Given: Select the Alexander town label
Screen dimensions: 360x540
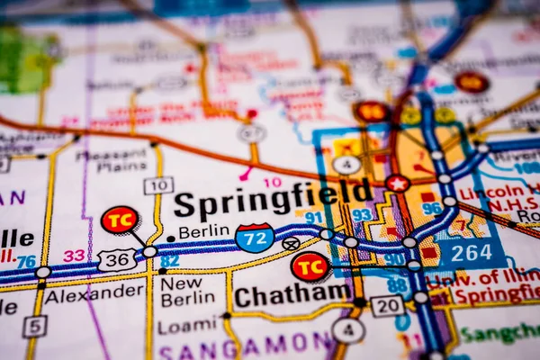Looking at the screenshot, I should (94, 292).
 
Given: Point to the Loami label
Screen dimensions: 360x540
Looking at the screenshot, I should (187, 326).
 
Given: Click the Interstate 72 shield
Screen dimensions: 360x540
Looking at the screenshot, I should (255, 237).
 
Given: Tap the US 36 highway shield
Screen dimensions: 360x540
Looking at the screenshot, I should (117, 259).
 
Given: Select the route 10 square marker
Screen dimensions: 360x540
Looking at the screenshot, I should (157, 185).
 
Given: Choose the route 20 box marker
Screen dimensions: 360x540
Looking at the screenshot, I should (387, 306).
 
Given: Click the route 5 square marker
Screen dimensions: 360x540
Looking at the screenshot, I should (35, 326).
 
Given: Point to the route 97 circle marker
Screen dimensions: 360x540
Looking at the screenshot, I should (252, 133).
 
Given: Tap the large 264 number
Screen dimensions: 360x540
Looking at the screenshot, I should (471, 253).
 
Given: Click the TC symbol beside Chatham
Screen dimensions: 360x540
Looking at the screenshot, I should (310, 265).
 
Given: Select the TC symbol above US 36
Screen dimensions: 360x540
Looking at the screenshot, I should (120, 220).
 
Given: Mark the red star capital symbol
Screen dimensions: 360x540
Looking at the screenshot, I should (397, 184).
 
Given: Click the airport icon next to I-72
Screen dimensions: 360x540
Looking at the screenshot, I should (291, 243).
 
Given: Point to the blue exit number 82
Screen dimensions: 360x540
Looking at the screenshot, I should (169, 261).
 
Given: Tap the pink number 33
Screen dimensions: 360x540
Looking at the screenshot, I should (74, 256).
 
